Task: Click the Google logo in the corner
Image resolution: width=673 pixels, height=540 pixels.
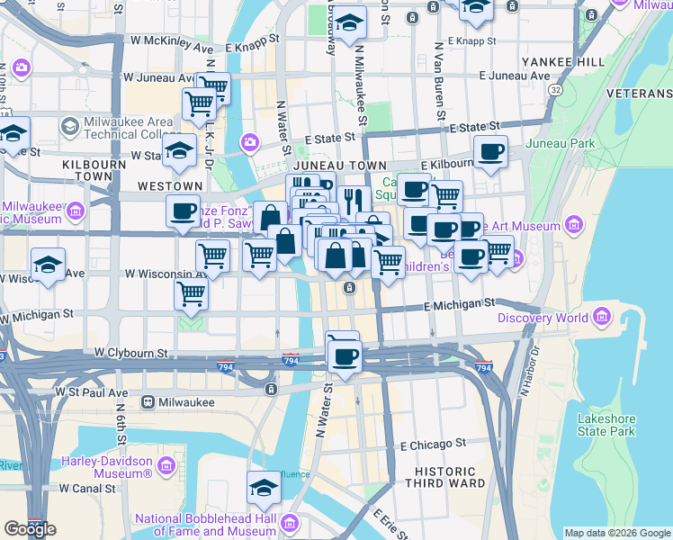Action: pyautogui.click(x=30, y=529)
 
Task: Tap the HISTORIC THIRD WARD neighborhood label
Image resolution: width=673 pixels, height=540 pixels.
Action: pyautogui.click(x=444, y=478)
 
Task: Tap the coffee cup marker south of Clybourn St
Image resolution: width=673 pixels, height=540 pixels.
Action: pyautogui.click(x=343, y=355)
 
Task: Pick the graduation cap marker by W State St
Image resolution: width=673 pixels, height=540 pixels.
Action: pyautogui.click(x=180, y=150)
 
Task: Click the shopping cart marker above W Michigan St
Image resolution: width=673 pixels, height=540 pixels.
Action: pyautogui.click(x=191, y=292)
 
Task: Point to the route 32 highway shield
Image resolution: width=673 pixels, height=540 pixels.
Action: pyautogui.click(x=557, y=91)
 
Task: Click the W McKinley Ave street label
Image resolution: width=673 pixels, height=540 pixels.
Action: pyautogui.click(x=171, y=40)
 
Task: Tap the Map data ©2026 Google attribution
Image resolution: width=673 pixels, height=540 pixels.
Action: pyautogui.click(x=617, y=533)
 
